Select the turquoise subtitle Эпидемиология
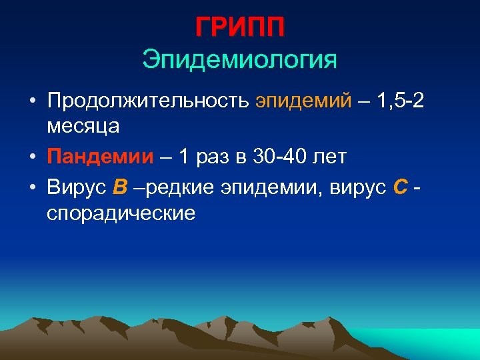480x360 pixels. click(x=240, y=59)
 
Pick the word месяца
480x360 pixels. click(x=83, y=125)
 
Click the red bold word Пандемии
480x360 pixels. click(x=100, y=157)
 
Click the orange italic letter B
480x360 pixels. click(x=120, y=189)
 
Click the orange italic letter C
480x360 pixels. click(x=401, y=189)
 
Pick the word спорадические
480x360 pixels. click(x=121, y=213)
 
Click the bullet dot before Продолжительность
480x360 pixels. click(x=32, y=102)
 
